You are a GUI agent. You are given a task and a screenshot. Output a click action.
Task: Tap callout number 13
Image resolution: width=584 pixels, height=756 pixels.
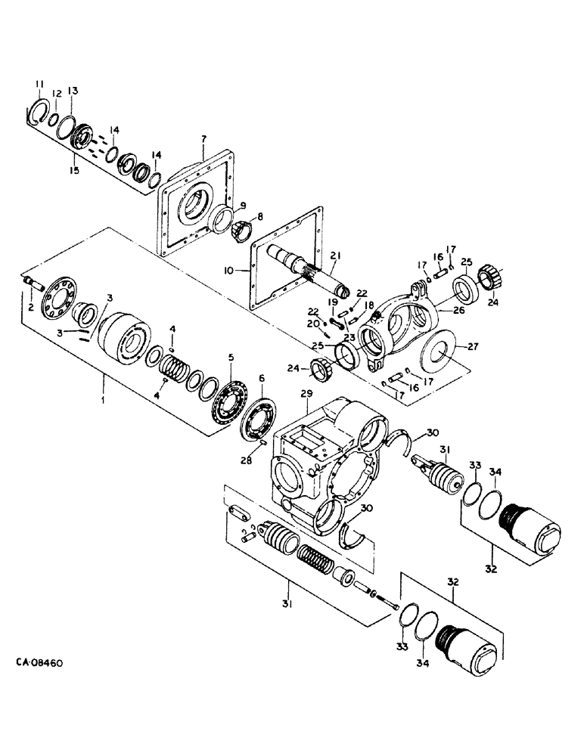pos(73,91)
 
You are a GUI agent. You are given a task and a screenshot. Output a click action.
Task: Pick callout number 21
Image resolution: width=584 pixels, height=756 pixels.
pos(334,256)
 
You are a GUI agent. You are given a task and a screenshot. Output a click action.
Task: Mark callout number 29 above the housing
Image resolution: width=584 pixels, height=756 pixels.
pos(306,395)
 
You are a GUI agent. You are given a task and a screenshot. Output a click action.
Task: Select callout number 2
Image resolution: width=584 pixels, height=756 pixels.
pos(31,308)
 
